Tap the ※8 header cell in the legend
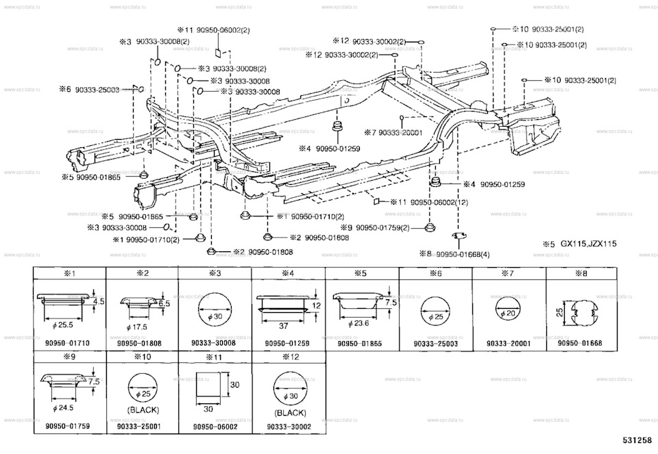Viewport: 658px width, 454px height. pyautogui.click(x=582, y=273)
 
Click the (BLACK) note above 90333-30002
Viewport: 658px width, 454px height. pyautogui.click(x=289, y=413)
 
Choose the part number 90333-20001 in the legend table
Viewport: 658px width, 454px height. pyautogui.click(x=509, y=342)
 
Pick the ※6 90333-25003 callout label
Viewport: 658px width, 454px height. pyautogui.click(x=89, y=90)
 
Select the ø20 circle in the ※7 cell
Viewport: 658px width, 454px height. pyautogui.click(x=508, y=311)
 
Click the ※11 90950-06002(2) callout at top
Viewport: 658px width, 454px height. pyautogui.click(x=214, y=29)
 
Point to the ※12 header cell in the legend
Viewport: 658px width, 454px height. pyautogui.click(x=288, y=357)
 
